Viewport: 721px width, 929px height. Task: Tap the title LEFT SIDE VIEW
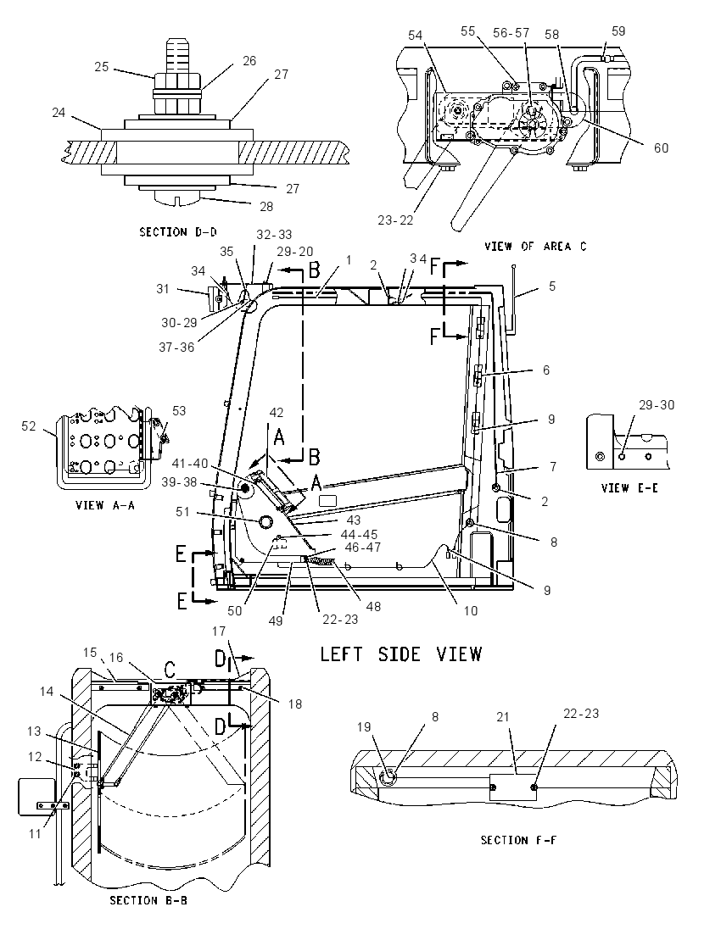[x=401, y=654]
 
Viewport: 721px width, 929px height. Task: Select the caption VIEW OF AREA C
[x=535, y=247]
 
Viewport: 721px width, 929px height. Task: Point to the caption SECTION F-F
[x=518, y=840]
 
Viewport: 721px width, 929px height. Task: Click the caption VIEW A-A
[x=105, y=505]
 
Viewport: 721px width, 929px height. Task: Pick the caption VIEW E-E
[x=629, y=488]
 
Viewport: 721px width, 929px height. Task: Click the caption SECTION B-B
[x=148, y=900]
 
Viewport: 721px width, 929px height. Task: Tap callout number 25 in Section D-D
[x=102, y=67]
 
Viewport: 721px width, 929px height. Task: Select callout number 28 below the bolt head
[x=266, y=206]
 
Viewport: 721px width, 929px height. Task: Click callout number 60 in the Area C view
[x=661, y=147]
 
